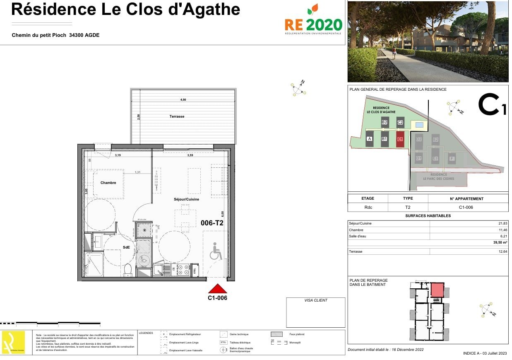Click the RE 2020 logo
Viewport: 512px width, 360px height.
pyautogui.click(x=313, y=21)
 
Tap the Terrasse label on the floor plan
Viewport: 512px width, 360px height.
pyautogui.click(x=177, y=116)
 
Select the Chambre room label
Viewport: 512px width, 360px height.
pyautogui.click(x=108, y=183)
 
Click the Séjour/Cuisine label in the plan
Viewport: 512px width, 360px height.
pyautogui.click(x=186, y=199)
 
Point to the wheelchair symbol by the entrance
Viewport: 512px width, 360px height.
pyautogui.click(x=215, y=251)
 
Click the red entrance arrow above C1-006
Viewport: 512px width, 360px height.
pyautogui.click(x=217, y=288)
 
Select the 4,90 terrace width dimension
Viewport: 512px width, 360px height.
pyautogui.click(x=183, y=100)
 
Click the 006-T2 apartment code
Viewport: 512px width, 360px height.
pyautogui.click(x=212, y=223)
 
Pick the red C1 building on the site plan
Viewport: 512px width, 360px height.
pyautogui.click(x=399, y=139)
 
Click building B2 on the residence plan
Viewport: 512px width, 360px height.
pyautogui.click(x=385, y=122)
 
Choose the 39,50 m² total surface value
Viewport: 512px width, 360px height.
pyautogui.click(x=499, y=243)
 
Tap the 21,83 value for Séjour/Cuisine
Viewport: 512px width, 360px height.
pyautogui.click(x=502, y=223)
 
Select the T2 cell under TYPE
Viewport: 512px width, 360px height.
pyautogui.click(x=408, y=208)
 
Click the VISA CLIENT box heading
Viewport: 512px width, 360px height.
pyautogui.click(x=315, y=300)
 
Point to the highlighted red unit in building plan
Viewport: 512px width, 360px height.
pyautogui.click(x=437, y=290)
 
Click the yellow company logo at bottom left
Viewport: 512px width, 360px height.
pyautogui.click(x=14, y=342)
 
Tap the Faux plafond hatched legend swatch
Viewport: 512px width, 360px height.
pyautogui.click(x=276, y=334)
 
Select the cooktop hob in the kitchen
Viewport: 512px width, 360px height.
pyautogui.click(x=183, y=270)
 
